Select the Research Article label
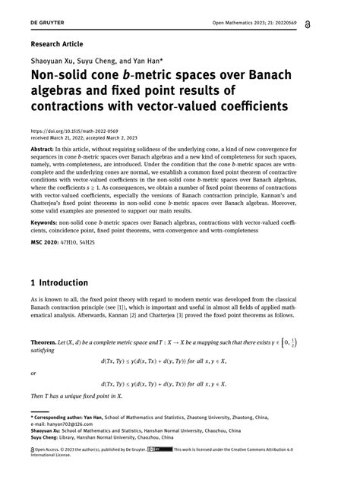pos(56,45)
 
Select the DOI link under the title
pos(74,131)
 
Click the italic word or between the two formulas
pos(33,373)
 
